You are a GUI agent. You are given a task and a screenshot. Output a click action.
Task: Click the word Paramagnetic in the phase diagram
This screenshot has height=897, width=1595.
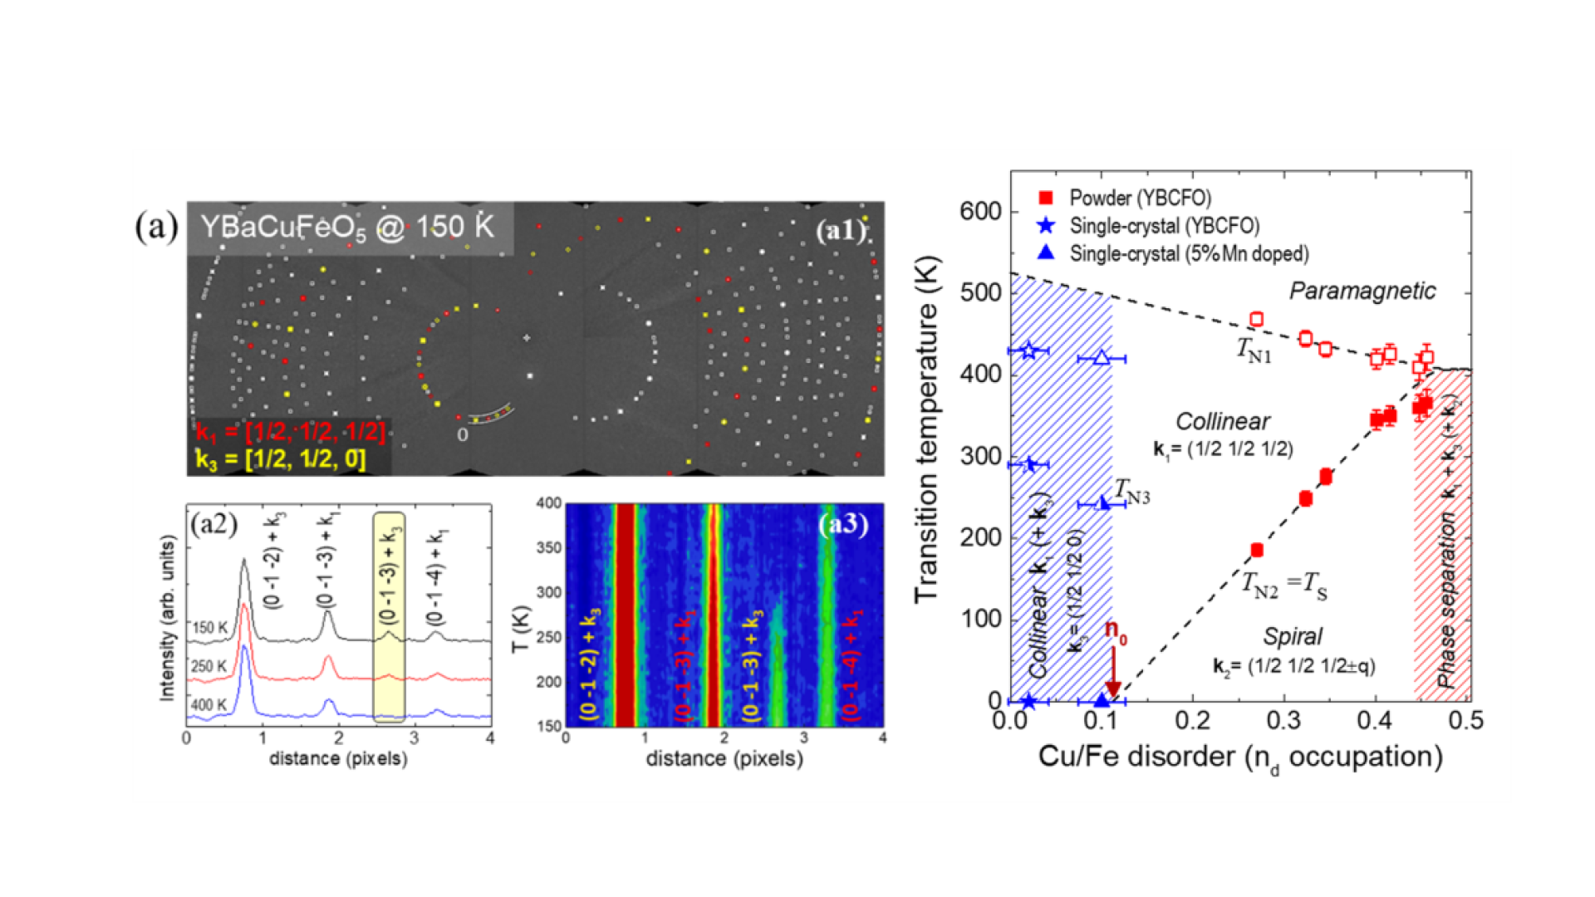coord(1362,291)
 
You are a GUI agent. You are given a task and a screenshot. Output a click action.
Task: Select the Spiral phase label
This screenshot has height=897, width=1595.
coord(1293,636)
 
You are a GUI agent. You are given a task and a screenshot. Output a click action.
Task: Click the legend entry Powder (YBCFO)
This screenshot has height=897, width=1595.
coord(1139,198)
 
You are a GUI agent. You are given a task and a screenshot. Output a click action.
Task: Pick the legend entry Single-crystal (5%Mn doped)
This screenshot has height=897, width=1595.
coord(1188,253)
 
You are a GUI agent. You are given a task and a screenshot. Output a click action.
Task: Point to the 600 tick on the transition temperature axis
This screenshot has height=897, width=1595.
coord(980,211)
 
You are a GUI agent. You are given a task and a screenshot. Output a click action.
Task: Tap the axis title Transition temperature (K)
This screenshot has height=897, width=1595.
coord(926,430)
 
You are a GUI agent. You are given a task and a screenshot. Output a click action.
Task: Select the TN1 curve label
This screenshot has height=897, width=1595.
coord(1254,350)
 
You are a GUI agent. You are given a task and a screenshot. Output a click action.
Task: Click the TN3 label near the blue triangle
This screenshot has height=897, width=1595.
coord(1132,492)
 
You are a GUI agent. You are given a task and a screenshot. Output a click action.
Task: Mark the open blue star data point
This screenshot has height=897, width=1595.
coord(1028,350)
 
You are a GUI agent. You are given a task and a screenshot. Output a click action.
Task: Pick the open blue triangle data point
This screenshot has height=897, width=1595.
coord(1102,358)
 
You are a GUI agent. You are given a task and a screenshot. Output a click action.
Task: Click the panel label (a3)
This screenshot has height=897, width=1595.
coord(842,524)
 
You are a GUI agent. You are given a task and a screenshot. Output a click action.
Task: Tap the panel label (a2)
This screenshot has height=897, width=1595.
coord(214,524)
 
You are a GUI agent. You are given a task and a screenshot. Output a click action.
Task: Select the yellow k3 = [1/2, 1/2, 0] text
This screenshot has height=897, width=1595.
coord(281,459)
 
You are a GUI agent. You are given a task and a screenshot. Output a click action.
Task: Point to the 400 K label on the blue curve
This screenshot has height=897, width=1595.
coord(209,705)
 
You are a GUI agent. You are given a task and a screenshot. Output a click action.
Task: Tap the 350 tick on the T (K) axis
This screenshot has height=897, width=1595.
coord(549,548)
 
